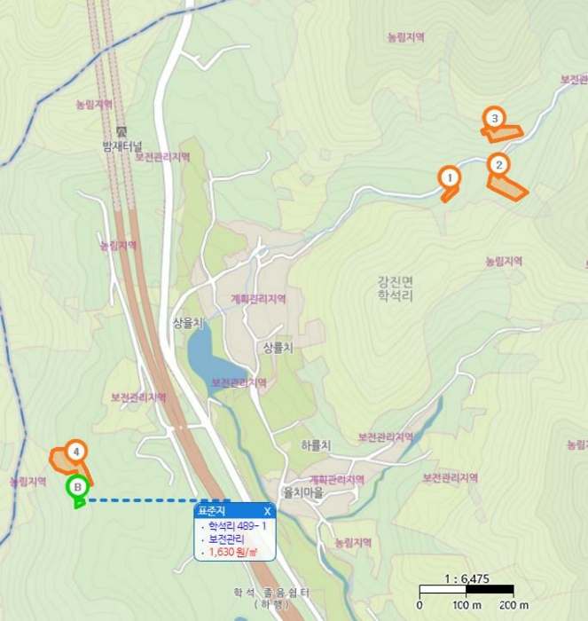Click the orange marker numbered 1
(x=450, y=177)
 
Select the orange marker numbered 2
(x=498, y=164)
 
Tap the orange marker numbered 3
(x=494, y=117)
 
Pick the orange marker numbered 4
(x=76, y=452)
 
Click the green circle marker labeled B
(x=78, y=486)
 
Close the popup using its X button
(x=267, y=511)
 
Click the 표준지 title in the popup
(x=212, y=511)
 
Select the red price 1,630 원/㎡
(x=232, y=552)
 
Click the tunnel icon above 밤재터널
(x=122, y=130)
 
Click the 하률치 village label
(x=316, y=445)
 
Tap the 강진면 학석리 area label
(x=395, y=288)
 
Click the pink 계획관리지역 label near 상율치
(x=258, y=299)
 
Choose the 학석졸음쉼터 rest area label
(x=271, y=593)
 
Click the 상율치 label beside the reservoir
(x=188, y=322)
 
